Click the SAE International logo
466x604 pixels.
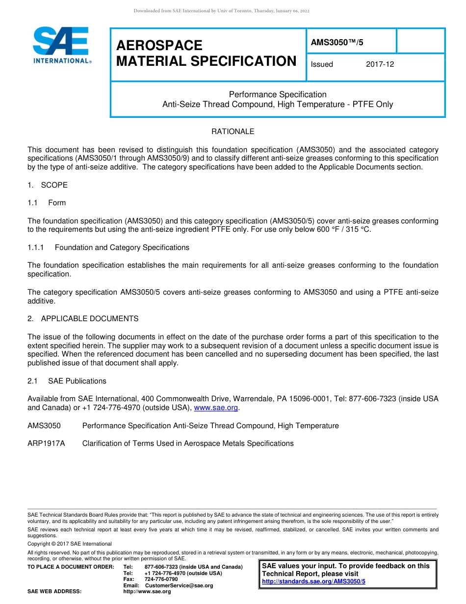(x=61, y=45)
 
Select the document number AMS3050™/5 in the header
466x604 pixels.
(x=337, y=42)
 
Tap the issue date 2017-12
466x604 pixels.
(x=380, y=64)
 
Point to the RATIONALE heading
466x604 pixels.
(x=233, y=132)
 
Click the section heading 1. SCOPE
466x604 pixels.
(x=48, y=185)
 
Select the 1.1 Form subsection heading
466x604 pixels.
(x=47, y=203)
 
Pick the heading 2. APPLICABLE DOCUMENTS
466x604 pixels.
(x=83, y=319)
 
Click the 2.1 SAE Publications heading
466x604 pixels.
(x=67, y=381)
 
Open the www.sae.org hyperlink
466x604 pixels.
(x=216, y=408)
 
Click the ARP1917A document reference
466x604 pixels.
(x=46, y=443)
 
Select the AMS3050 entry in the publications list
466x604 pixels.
(x=44, y=426)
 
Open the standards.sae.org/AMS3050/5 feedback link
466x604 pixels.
(x=313, y=581)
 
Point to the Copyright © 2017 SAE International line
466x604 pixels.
(x=70, y=544)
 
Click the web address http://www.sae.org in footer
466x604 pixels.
(x=147, y=592)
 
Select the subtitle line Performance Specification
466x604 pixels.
(x=278, y=94)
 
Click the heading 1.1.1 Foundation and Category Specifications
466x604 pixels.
(x=108, y=247)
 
